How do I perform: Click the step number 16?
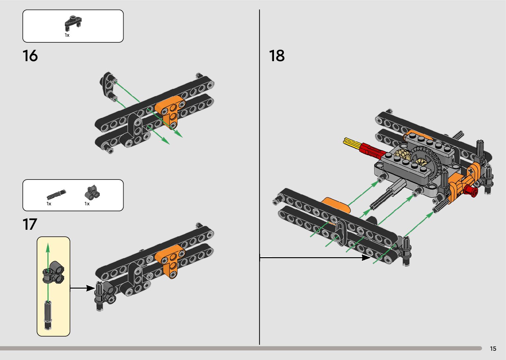[x=30, y=56]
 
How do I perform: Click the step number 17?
[x=30, y=224]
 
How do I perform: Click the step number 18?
[x=277, y=56]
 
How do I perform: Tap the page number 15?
[x=493, y=348]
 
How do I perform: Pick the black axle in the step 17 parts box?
[x=56, y=194]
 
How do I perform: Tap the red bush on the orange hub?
[x=471, y=191]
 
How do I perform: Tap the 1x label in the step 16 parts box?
[x=67, y=35]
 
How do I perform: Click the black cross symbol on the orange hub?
[x=470, y=172]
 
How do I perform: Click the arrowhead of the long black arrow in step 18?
[x=367, y=257]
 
